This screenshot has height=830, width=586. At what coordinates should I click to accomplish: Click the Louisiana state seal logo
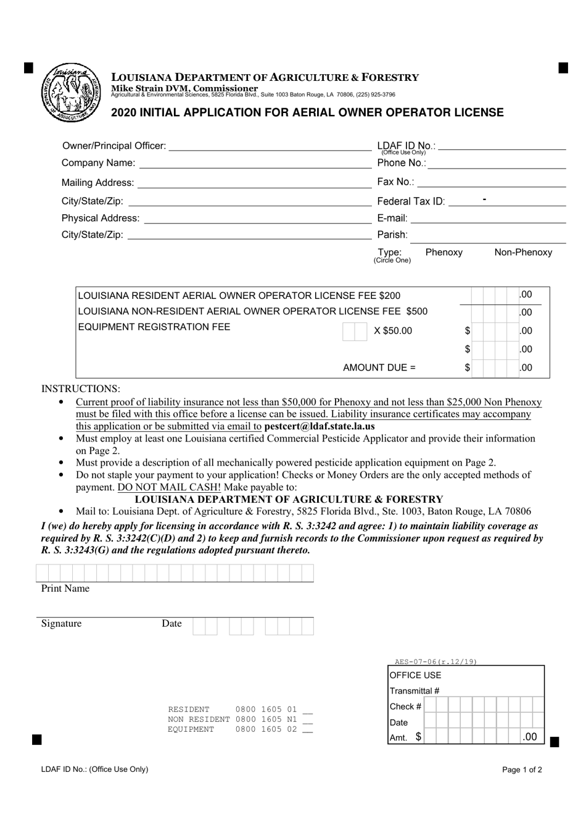click(x=70, y=93)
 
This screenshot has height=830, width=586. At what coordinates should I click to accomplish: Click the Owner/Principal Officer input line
click(x=270, y=146)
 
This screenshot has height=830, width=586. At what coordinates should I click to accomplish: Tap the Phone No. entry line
click(x=496, y=164)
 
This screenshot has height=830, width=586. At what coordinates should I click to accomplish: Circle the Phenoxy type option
click(x=444, y=252)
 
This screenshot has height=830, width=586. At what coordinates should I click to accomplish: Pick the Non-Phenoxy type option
click(x=523, y=252)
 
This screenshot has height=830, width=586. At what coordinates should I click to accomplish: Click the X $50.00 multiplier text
click(x=392, y=331)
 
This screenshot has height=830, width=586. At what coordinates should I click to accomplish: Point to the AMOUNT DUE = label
click(x=379, y=367)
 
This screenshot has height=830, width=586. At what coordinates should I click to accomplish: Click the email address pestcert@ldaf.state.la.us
click(x=319, y=426)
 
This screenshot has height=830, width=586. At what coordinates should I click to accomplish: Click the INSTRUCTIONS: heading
click(x=81, y=389)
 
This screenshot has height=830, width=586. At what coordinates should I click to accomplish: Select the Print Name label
click(x=65, y=589)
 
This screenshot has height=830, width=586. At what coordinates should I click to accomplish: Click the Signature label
click(x=61, y=624)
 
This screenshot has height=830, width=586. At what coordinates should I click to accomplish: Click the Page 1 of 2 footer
click(x=522, y=769)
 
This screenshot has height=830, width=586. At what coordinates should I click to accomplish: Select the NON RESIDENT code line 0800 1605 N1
click(x=240, y=719)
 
